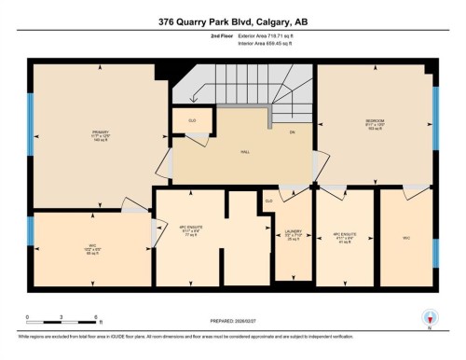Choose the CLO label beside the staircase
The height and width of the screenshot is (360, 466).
click(192, 120)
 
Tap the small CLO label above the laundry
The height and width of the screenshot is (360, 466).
click(268, 201)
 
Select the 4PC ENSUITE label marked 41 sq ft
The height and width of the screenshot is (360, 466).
click(346, 235)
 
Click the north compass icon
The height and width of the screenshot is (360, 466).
click(430, 317)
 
